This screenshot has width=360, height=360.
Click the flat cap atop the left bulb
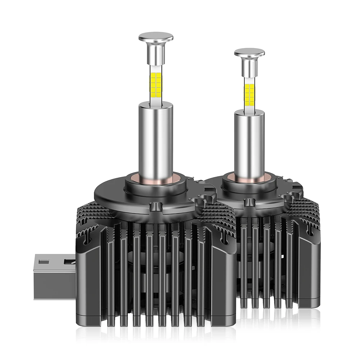[156, 37]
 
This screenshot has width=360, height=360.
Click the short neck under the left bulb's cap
[156, 54]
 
